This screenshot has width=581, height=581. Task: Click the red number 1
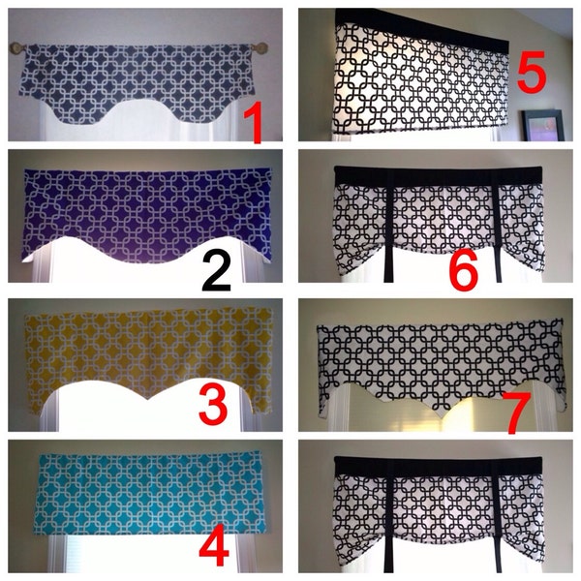(x=254, y=123)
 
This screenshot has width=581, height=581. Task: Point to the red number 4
(x=215, y=548)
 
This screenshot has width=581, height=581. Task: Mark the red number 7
(x=516, y=411)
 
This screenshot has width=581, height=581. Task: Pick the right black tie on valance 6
(x=497, y=232)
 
